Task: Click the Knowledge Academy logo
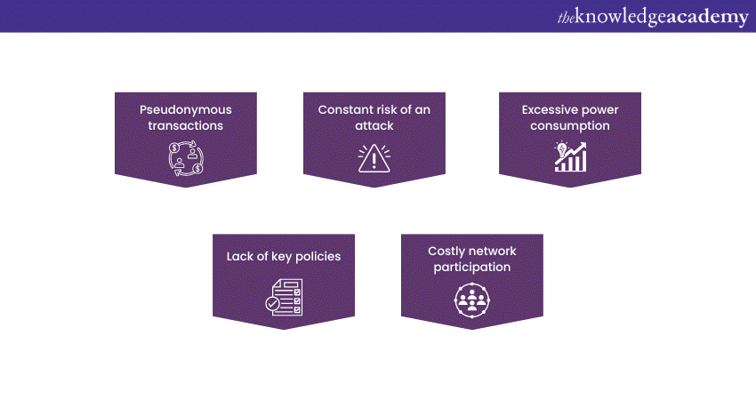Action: [653, 17]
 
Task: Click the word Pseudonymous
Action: [186, 110]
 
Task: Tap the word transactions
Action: [186, 126]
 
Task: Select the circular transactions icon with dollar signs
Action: [186, 158]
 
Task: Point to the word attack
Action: [374, 126]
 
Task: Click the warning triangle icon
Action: [374, 158]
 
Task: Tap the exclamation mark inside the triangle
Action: [374, 161]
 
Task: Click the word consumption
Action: [570, 126]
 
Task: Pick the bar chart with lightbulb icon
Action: [570, 156]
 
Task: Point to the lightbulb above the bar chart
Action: [561, 148]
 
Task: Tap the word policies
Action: [318, 256]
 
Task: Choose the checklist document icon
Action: [284, 298]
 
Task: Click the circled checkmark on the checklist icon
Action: [273, 304]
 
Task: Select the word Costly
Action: [444, 252]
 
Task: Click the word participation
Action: [472, 268]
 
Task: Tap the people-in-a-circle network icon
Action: [472, 300]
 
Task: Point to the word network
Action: [490, 251]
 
